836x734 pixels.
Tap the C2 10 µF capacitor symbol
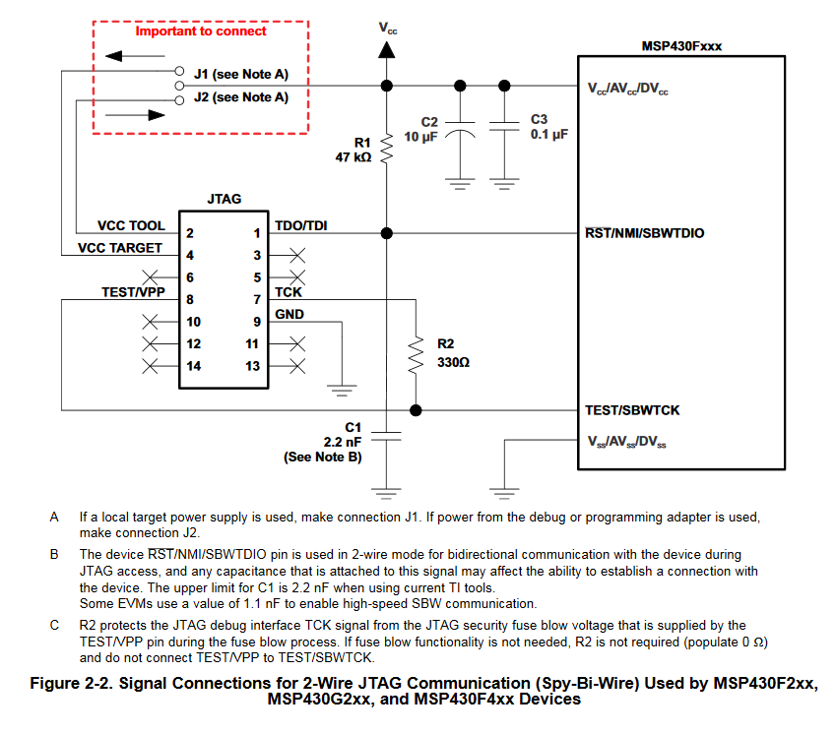458,129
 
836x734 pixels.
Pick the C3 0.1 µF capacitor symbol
504,127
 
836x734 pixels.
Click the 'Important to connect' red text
201,31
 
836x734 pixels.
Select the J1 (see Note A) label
240,74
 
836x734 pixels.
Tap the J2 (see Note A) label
240,96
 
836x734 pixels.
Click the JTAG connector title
224,199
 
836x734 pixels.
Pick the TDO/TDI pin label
301,225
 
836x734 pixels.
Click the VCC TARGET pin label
120,248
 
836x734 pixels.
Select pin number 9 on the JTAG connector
256,322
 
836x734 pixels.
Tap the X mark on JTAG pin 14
151,366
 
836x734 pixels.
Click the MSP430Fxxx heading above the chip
680,45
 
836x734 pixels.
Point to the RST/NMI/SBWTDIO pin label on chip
645,233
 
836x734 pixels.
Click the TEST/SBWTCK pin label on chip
633,410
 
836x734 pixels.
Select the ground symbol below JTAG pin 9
342,390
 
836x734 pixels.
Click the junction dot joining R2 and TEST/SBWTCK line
416,410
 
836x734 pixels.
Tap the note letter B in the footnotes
55,554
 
